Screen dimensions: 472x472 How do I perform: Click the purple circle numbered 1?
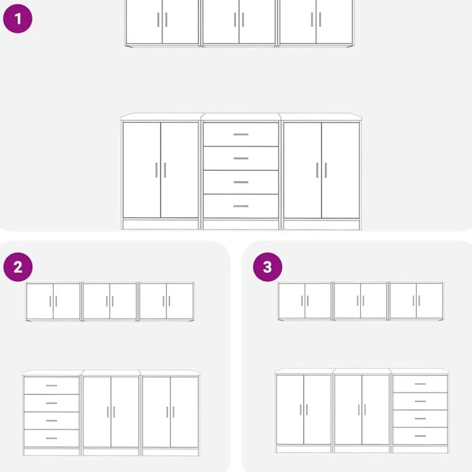click(17, 19)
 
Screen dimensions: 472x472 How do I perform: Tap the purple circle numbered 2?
click(18, 267)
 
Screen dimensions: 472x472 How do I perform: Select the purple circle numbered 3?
click(268, 267)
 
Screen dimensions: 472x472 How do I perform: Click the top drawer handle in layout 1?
click(241, 134)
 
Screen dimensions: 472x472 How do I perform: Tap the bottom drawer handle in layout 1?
click(241, 206)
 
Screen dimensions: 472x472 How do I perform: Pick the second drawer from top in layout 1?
click(241, 158)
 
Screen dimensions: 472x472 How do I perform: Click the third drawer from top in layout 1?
click(241, 182)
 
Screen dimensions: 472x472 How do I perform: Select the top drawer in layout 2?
click(51, 385)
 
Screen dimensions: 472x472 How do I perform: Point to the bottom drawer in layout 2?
click(51, 438)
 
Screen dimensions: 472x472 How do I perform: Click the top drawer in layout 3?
click(420, 384)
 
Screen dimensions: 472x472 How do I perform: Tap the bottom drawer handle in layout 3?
click(420, 436)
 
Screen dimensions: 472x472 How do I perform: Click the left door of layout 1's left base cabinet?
click(142, 170)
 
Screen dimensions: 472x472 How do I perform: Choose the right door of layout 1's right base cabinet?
click(340, 170)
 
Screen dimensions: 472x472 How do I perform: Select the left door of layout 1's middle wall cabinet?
click(221, 21)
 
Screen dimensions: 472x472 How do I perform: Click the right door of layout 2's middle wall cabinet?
click(123, 301)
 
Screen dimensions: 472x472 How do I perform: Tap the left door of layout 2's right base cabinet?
click(156, 412)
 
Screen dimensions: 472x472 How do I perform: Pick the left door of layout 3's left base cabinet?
click(290, 410)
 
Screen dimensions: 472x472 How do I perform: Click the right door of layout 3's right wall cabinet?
click(430, 300)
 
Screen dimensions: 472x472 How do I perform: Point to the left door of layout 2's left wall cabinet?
click(40, 301)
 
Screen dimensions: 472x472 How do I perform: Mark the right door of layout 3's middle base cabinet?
click(375, 410)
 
